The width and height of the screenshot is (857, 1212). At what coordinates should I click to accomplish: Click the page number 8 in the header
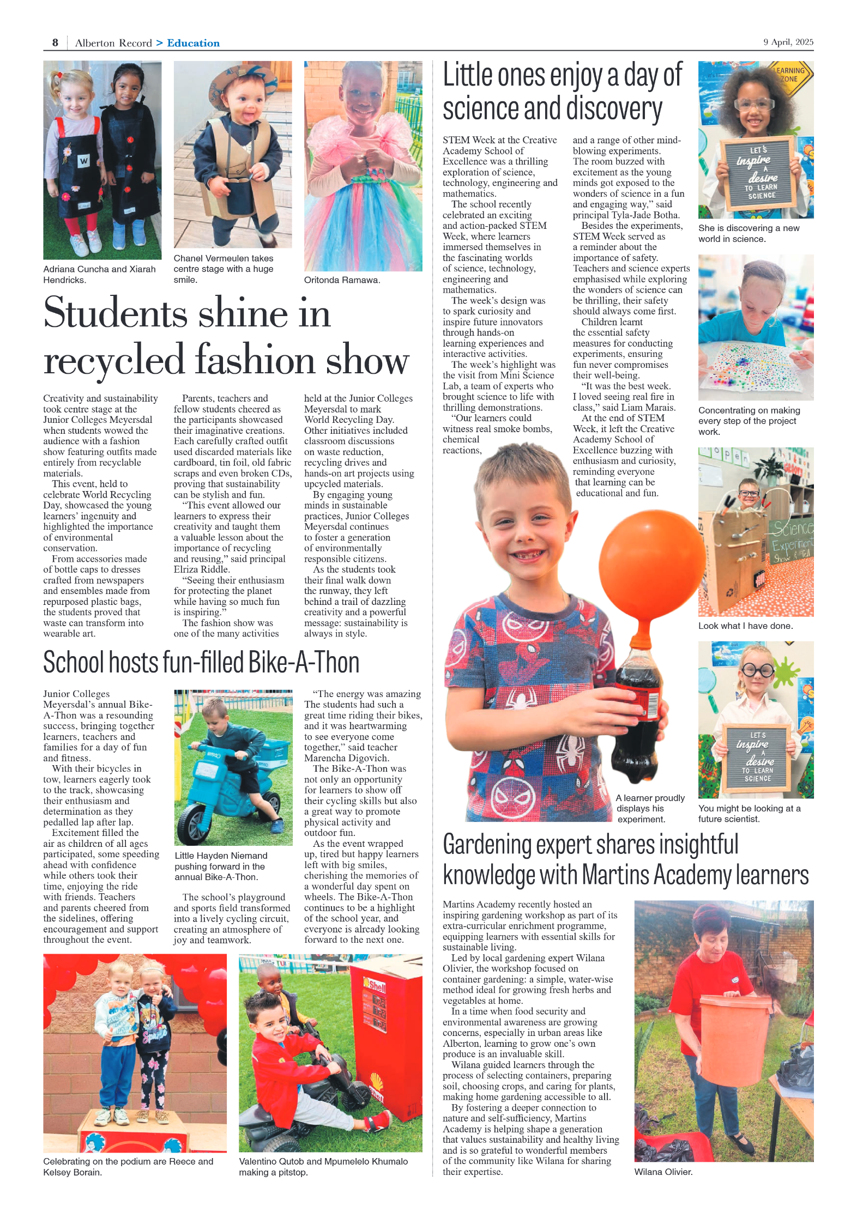tap(55, 43)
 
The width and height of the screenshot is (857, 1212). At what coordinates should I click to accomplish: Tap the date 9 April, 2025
tap(788, 42)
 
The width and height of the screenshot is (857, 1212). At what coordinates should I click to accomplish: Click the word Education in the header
tap(193, 43)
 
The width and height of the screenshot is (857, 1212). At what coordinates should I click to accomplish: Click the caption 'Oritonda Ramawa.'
tap(342, 280)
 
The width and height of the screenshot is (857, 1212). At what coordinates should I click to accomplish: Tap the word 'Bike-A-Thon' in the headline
tap(304, 663)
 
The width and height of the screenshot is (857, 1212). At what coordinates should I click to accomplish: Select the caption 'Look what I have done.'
tap(745, 626)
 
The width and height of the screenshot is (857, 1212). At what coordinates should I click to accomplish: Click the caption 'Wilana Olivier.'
tap(663, 1172)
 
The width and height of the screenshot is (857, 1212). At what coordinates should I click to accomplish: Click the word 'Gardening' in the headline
tap(487, 845)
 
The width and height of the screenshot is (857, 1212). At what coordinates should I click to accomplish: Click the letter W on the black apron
tap(83, 161)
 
